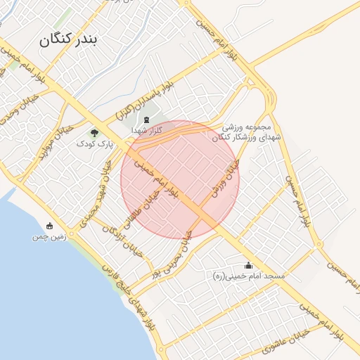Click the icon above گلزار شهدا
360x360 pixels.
tap(146, 121)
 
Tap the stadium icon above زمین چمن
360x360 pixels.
tap(49, 226)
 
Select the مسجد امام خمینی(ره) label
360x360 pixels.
tap(249, 276)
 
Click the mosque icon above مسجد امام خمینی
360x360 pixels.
tap(247, 265)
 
